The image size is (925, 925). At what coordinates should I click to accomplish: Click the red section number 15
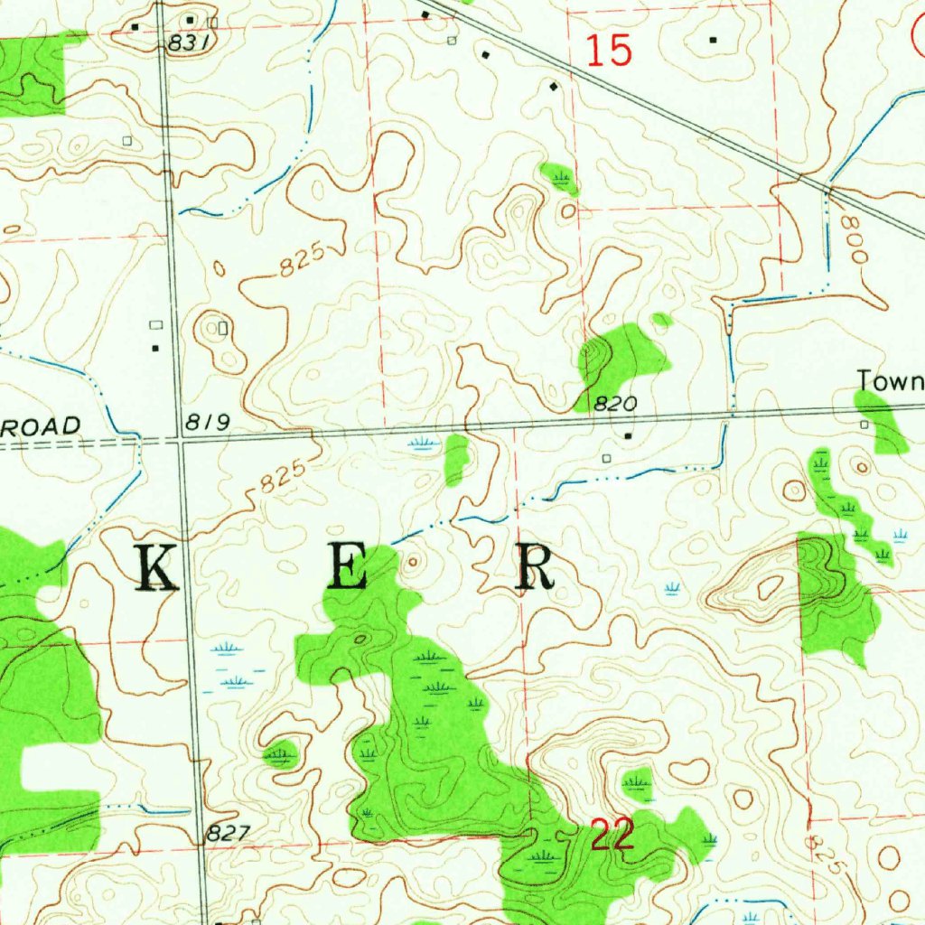[609, 51]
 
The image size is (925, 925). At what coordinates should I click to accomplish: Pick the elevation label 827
[224, 834]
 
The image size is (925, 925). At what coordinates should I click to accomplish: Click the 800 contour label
[854, 238]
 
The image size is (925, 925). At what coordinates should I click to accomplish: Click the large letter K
[155, 568]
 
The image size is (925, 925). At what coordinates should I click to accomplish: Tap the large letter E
[346, 568]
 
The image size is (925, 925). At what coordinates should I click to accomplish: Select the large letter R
[534, 568]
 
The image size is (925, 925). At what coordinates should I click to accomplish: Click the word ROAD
[41, 426]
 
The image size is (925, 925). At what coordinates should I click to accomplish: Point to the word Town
[890, 380]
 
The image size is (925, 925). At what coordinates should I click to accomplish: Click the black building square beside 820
[629, 436]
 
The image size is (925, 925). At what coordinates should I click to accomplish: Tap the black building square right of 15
[713, 40]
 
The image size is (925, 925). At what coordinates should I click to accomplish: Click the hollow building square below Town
[864, 424]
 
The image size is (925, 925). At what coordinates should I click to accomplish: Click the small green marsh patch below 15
[560, 177]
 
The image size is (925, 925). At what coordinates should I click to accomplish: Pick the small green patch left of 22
[281, 752]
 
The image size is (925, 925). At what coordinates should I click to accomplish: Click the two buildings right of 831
[201, 19]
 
